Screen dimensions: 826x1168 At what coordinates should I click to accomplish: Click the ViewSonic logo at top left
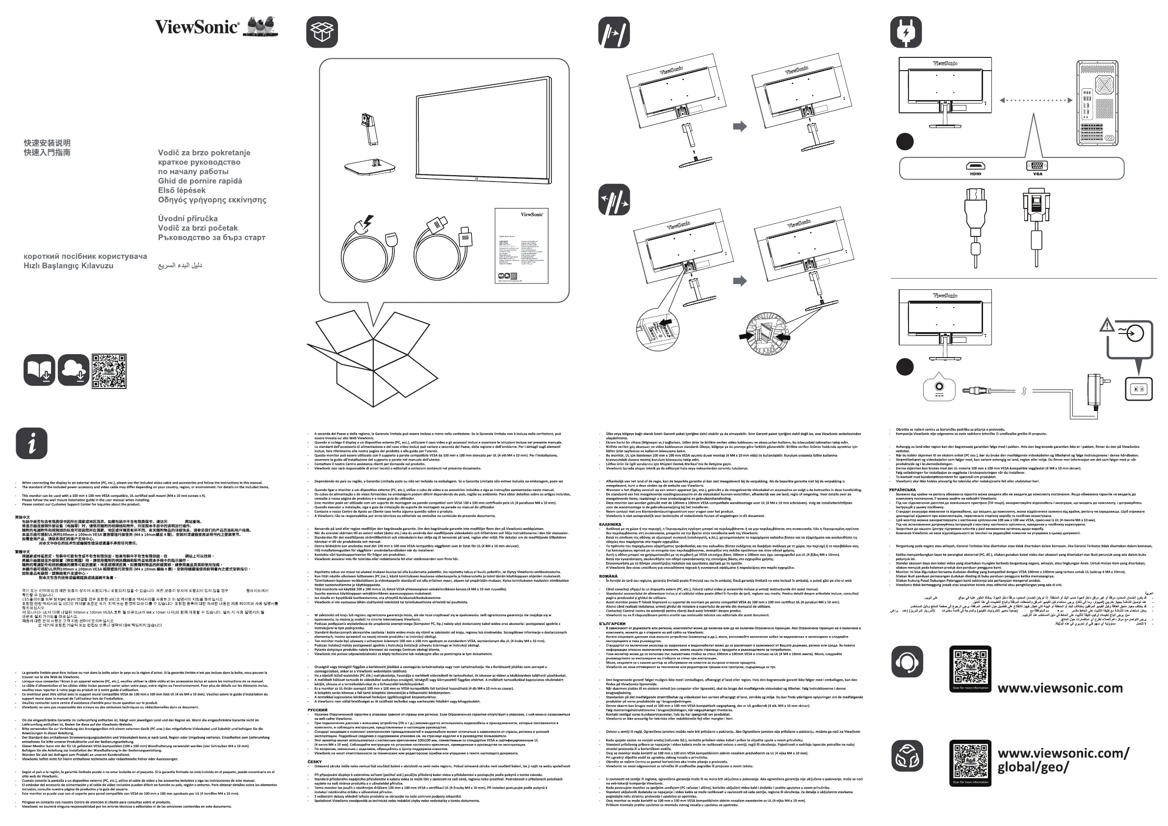pyautogui.click(x=197, y=27)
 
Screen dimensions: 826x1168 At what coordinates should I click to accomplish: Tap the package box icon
pyautogui.click(x=322, y=32)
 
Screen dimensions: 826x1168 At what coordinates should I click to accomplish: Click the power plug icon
pyautogui.click(x=906, y=32)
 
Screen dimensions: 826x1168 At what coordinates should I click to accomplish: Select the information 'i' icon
pyautogui.click(x=31, y=443)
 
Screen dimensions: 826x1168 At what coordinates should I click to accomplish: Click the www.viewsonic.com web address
pyautogui.click(x=1060, y=688)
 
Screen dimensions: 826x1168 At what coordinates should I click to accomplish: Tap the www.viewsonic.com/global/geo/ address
pyautogui.click(x=1063, y=760)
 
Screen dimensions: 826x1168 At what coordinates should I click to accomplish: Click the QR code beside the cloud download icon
pyautogui.click(x=109, y=371)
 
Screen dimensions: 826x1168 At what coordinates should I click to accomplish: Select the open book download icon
pyautogui.click(x=39, y=370)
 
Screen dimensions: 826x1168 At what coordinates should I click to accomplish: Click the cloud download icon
pyautogui.click(x=74, y=370)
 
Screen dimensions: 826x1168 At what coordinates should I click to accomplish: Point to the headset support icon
pyautogui.click(x=907, y=662)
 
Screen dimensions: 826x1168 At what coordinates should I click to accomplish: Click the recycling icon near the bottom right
pyautogui.click(x=907, y=755)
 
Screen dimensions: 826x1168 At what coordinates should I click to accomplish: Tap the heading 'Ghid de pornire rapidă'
pyautogui.click(x=200, y=181)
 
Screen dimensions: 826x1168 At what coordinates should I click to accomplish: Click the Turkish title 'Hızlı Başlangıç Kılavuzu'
pyautogui.click(x=69, y=266)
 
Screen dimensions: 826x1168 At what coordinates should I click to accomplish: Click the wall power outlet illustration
pyautogui.click(x=1138, y=389)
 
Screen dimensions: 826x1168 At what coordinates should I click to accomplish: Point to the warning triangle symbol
pyautogui.click(x=1107, y=326)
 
